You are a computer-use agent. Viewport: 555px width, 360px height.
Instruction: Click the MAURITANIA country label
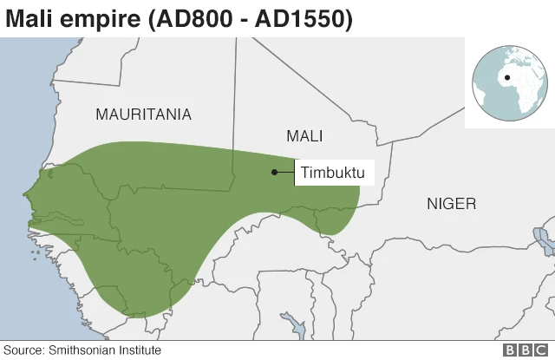[143, 115]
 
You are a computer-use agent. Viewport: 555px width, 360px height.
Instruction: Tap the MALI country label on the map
[304, 136]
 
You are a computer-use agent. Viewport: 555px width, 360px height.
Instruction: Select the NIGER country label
[451, 204]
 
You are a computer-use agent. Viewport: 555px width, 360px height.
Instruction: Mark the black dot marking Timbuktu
[274, 172]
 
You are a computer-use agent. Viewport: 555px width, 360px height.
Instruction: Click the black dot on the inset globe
[506, 77]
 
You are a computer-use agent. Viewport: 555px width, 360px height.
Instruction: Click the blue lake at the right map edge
[545, 239]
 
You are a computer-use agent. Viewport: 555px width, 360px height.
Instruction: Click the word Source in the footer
[23, 350]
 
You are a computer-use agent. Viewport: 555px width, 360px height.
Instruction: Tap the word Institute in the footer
[140, 350]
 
